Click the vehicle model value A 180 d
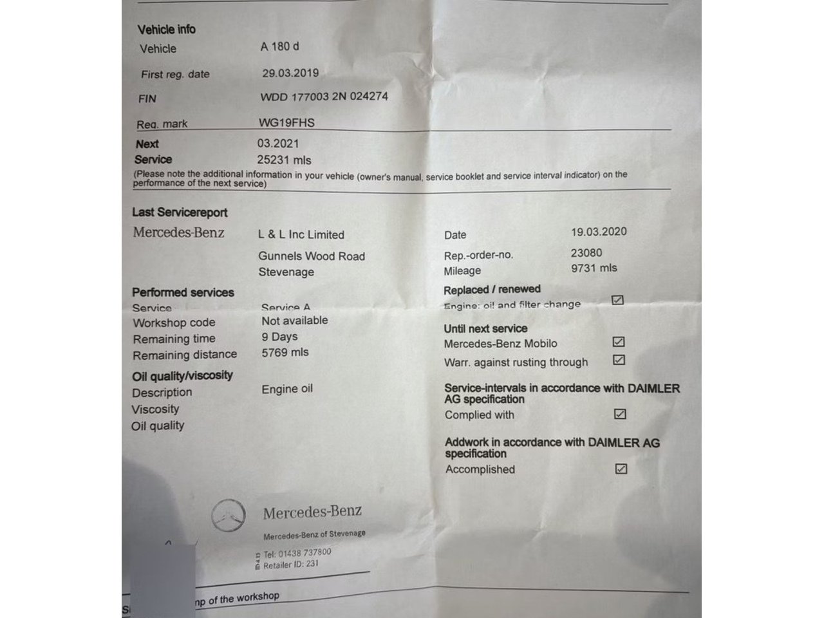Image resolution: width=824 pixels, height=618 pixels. click(x=280, y=46)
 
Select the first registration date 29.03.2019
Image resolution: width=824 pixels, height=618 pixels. click(x=290, y=73)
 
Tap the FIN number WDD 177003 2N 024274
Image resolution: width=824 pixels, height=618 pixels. click(x=324, y=97)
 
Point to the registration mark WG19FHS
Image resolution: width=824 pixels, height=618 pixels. click(x=286, y=122)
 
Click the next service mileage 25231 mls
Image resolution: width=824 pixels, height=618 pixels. click(x=284, y=160)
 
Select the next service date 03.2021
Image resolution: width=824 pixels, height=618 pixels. click(x=278, y=144)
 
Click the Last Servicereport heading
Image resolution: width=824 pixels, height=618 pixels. click(x=180, y=212)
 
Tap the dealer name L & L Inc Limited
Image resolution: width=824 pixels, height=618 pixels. click(x=301, y=235)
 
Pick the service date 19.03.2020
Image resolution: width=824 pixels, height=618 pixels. click(x=599, y=232)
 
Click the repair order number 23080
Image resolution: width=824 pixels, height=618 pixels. click(x=586, y=252)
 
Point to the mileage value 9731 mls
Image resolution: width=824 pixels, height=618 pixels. click(x=594, y=268)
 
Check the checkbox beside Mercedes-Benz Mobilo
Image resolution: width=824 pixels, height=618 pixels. click(x=619, y=342)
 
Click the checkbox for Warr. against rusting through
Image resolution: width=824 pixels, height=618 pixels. click(x=619, y=360)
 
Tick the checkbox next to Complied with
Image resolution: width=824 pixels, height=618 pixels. click(x=620, y=414)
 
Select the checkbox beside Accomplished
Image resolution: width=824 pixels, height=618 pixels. click(x=621, y=469)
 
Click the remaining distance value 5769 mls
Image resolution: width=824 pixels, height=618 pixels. click(x=285, y=353)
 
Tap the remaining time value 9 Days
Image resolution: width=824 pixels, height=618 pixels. click(x=279, y=337)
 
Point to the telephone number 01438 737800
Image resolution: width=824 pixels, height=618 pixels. click(x=306, y=552)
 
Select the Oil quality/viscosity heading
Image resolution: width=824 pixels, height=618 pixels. click(x=182, y=375)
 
